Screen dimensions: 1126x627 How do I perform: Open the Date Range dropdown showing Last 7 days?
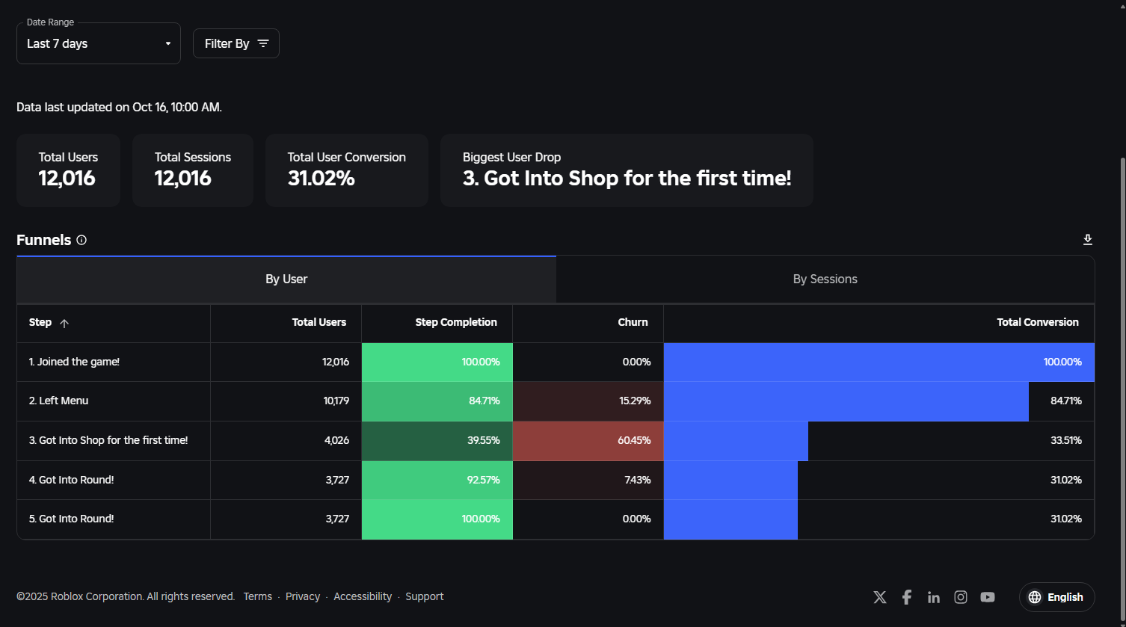click(x=99, y=43)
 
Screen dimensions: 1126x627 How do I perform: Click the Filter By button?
click(x=236, y=43)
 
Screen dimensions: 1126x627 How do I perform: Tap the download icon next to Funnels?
click(x=1087, y=240)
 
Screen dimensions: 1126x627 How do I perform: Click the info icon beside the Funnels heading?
click(x=81, y=240)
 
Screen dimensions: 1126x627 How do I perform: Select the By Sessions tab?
click(x=825, y=279)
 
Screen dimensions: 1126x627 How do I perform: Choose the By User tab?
click(x=286, y=279)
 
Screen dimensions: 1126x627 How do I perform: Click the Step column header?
click(x=40, y=323)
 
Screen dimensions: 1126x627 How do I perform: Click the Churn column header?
click(x=633, y=323)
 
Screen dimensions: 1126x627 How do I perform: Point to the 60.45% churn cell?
click(x=588, y=441)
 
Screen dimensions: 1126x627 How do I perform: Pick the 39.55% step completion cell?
click(x=437, y=441)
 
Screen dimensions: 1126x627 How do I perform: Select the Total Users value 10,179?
click(x=336, y=401)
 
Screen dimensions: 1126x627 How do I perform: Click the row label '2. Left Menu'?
click(x=58, y=401)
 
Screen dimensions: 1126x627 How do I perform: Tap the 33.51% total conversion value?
click(x=1065, y=441)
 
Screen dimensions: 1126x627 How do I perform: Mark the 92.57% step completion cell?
click(x=437, y=480)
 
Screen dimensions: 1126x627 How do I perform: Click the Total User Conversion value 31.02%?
click(x=322, y=179)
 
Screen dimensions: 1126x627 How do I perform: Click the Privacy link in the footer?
click(x=303, y=596)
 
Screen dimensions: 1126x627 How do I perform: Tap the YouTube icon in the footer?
click(x=987, y=597)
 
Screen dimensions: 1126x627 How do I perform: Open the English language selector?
click(x=1056, y=597)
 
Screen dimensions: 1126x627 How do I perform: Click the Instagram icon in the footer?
click(x=960, y=597)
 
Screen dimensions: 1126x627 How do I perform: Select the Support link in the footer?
click(x=424, y=596)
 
